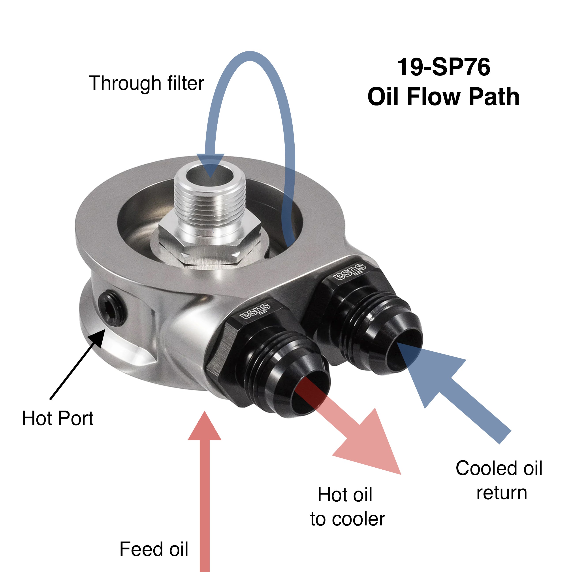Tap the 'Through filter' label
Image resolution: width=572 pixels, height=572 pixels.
pyautogui.click(x=146, y=83)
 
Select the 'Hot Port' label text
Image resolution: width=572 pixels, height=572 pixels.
pyautogui.click(x=58, y=418)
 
